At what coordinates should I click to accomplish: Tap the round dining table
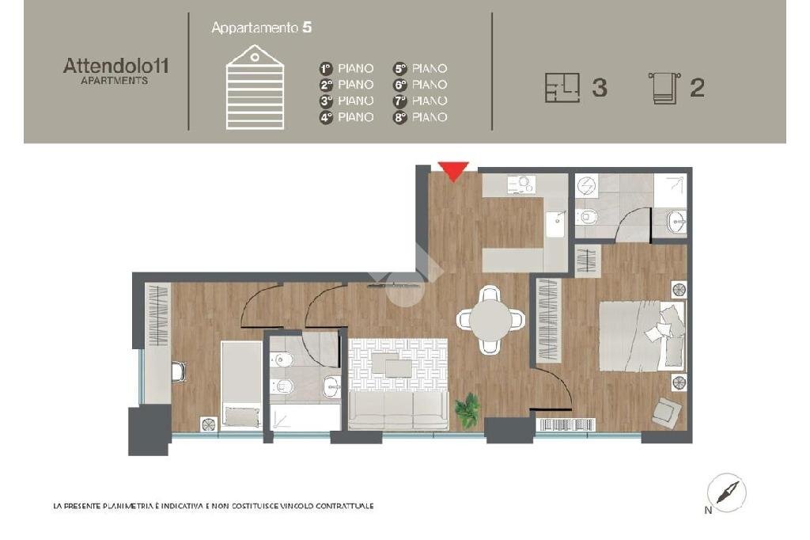tap(490, 320)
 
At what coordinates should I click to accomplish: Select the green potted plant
tap(468, 410)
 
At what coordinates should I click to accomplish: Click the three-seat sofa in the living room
tap(399, 410)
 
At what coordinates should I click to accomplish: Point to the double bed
tap(642, 337)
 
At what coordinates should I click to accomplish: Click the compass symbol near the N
tap(726, 492)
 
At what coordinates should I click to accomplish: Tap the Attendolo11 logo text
tap(115, 67)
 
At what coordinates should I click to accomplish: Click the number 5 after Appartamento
tap(308, 28)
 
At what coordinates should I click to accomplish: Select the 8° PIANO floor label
tap(421, 117)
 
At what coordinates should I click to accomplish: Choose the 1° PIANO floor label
tap(346, 68)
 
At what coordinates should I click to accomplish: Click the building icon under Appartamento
tap(255, 87)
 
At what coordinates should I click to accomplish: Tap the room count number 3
tap(600, 88)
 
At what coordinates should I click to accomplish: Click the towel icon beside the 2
tap(664, 89)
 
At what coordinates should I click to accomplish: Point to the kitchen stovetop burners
tap(522, 184)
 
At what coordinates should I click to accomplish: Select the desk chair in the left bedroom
tap(179, 371)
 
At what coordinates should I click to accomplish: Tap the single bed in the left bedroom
tap(242, 385)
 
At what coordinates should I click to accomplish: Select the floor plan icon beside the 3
tap(562, 87)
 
